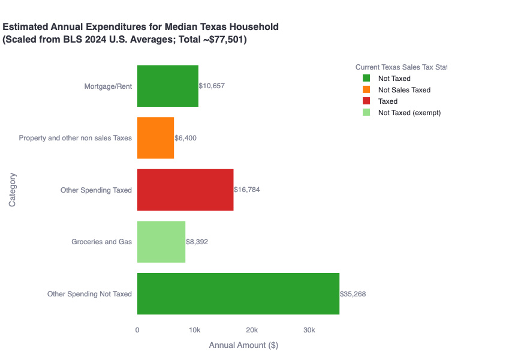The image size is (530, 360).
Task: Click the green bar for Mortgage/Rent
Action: click(x=168, y=86)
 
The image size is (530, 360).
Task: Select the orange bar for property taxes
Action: click(x=155, y=138)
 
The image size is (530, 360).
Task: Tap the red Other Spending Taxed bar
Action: click(x=185, y=190)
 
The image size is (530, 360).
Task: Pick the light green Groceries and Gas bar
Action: click(x=161, y=242)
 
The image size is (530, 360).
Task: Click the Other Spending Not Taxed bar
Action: click(x=238, y=294)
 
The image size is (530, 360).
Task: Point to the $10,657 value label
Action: click(x=212, y=86)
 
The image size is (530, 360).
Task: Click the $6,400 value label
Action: click(x=185, y=138)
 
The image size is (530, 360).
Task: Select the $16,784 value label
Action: click(x=247, y=190)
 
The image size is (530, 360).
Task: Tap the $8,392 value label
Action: click(x=197, y=242)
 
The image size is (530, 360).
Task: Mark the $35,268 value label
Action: click(x=353, y=294)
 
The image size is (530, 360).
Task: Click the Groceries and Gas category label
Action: click(x=101, y=242)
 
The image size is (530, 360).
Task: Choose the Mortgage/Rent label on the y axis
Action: click(x=108, y=86)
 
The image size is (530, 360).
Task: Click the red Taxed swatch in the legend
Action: click(x=366, y=101)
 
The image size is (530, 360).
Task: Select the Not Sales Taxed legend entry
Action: click(x=403, y=90)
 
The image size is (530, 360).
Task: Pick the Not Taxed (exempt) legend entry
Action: click(x=409, y=113)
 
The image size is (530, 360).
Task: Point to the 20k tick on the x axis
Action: click(x=252, y=330)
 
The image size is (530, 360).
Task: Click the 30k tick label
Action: click(x=309, y=330)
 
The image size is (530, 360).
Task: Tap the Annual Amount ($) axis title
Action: click(x=243, y=346)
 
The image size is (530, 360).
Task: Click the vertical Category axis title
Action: click(x=12, y=190)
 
